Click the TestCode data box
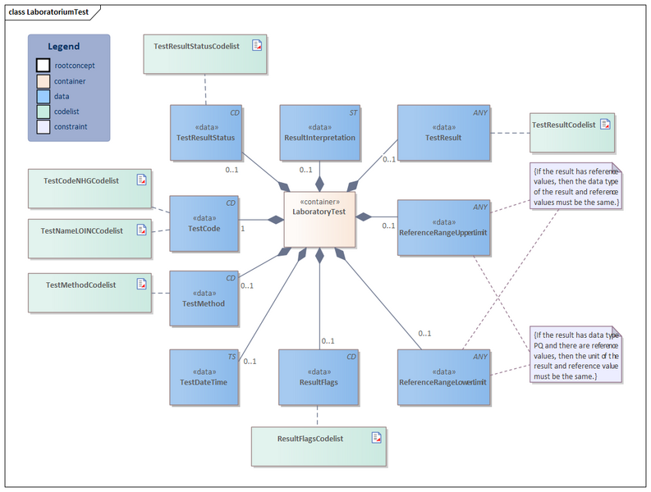point(204,222)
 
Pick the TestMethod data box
point(204,298)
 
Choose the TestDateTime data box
point(204,377)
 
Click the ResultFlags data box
point(319,377)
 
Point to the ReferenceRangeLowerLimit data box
point(443,377)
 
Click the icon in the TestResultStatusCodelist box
point(257,46)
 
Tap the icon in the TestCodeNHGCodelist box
point(141,179)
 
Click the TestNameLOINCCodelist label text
point(81,231)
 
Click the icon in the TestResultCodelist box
point(605,125)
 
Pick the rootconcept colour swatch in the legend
point(43,66)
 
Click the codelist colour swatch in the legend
point(43,112)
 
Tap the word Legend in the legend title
point(64,47)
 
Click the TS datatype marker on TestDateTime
point(232,357)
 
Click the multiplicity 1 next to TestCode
point(242,228)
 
